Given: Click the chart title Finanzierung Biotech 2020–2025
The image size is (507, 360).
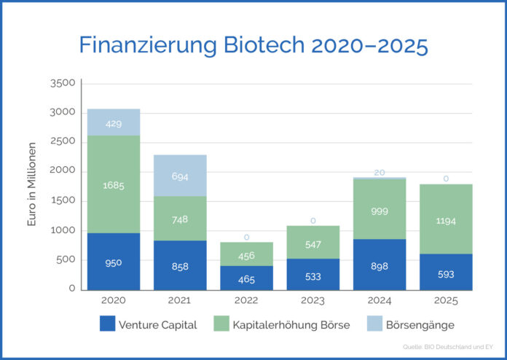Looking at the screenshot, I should click(x=253, y=45).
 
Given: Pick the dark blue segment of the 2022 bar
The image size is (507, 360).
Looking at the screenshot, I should click(x=248, y=277).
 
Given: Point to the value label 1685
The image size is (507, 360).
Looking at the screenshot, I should click(x=114, y=186).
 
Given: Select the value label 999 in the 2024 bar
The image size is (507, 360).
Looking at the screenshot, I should click(x=380, y=209).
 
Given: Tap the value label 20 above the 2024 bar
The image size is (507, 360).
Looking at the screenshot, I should click(x=380, y=172).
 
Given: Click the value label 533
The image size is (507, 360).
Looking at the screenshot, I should click(x=313, y=276).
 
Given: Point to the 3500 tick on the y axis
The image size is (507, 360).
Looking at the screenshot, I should click(x=63, y=83).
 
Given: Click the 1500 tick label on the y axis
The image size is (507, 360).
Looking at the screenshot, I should click(x=63, y=200).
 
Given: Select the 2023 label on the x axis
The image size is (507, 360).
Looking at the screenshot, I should click(x=313, y=299).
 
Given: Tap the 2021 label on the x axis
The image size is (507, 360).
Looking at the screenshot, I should click(x=181, y=299).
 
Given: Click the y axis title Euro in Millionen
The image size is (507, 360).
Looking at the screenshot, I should click(x=32, y=186).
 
